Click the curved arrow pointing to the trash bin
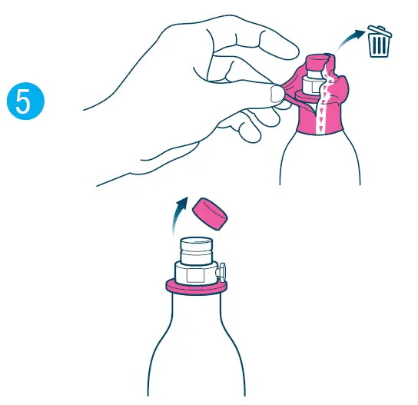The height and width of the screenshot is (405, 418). tap(353, 38)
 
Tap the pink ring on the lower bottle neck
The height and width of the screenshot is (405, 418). tap(196, 287)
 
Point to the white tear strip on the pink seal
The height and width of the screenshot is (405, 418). tap(323, 100)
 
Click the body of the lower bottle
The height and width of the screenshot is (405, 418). tap(196, 346)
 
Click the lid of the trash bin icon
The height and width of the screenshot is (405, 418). tap(377, 31)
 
